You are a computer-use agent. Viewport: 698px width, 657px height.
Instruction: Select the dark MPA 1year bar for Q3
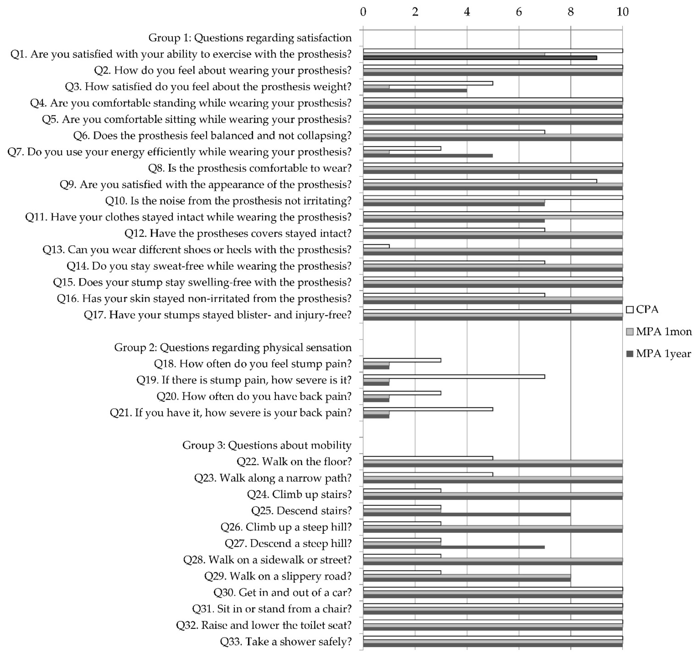point(415,90)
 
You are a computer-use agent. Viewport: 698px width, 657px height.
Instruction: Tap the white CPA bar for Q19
point(454,376)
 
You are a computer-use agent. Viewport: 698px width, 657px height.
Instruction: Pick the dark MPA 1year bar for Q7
point(428,155)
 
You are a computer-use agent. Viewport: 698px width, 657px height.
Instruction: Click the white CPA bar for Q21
point(428,409)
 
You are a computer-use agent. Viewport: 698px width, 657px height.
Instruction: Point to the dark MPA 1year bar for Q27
point(454,547)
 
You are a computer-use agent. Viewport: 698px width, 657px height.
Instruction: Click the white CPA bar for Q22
point(428,458)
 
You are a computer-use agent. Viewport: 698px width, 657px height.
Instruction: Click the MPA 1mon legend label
point(664,331)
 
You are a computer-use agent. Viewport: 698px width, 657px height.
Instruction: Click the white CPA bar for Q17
point(467,311)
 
